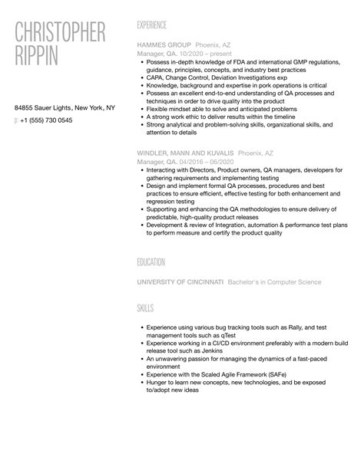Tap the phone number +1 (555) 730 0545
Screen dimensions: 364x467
coord(48,120)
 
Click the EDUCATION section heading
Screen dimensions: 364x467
coord(151,262)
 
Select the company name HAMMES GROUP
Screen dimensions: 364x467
coord(164,45)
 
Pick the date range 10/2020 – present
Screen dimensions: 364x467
coord(198,54)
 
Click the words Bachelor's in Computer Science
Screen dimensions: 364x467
coord(276,282)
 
